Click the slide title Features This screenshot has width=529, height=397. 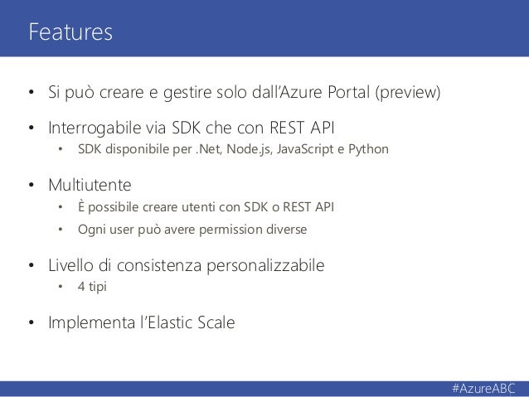click(x=70, y=32)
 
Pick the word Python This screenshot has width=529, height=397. click(x=365, y=152)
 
